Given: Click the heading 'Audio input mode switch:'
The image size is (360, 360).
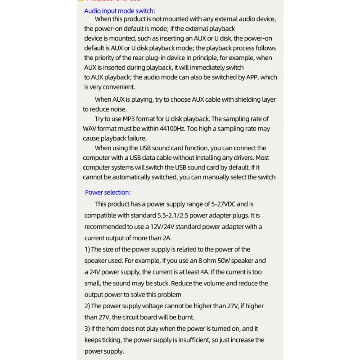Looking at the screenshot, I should point(119,11).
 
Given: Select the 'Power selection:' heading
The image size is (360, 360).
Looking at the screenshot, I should point(108,192).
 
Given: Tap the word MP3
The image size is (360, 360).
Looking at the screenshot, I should point(135,119).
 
